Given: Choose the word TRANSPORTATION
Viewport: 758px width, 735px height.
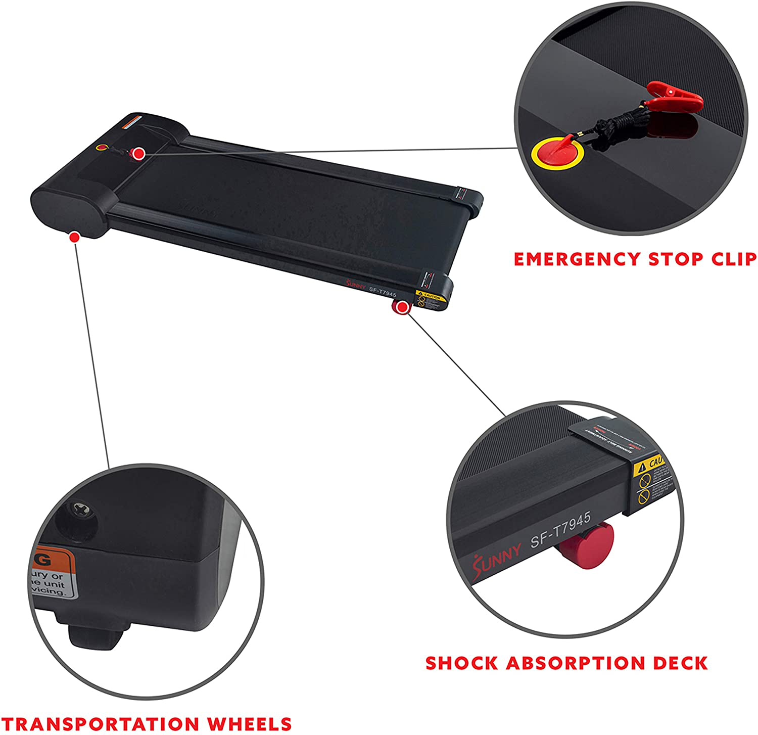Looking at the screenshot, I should pyautogui.click(x=101, y=723).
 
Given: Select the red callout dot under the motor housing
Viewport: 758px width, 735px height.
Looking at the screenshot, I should pyautogui.click(x=75, y=237).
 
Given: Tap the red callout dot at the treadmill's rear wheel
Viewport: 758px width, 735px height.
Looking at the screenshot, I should pyautogui.click(x=402, y=307).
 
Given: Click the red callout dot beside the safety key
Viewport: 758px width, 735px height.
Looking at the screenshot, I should pyautogui.click(x=139, y=153).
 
